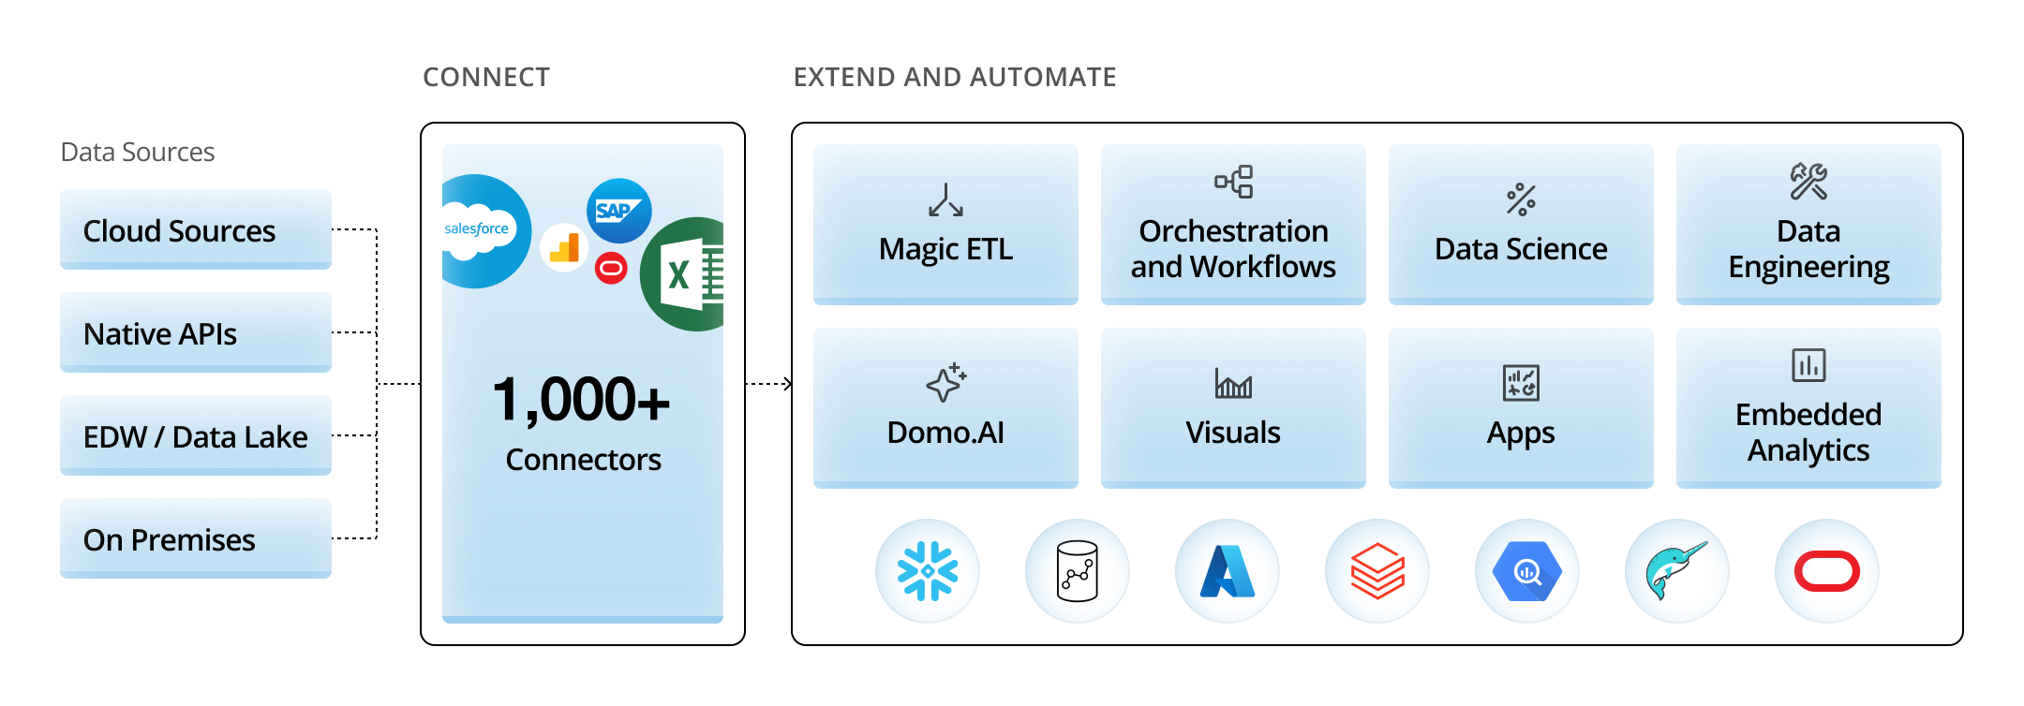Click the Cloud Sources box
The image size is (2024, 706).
click(x=195, y=230)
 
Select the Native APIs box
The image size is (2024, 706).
click(x=195, y=333)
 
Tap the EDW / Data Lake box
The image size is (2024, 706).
click(x=195, y=436)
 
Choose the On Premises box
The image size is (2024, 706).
click(x=195, y=539)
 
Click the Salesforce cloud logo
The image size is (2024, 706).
click(x=478, y=230)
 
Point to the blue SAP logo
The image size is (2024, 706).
click(x=618, y=211)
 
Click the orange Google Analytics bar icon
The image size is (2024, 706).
click(x=564, y=248)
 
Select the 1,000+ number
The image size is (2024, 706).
click(x=581, y=401)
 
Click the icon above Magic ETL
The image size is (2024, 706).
click(x=945, y=200)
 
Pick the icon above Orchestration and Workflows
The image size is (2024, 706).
click(x=1233, y=182)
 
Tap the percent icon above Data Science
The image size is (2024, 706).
click(x=1521, y=199)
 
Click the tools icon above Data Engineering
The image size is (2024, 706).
click(x=1808, y=182)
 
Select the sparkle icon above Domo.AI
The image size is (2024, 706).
click(x=945, y=383)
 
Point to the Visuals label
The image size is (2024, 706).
click(x=1233, y=433)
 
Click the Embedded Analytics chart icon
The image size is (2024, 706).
click(x=1808, y=365)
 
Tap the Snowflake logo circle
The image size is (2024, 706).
click(x=928, y=571)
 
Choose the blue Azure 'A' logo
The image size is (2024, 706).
click(x=1228, y=571)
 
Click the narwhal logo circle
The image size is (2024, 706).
click(x=1676, y=571)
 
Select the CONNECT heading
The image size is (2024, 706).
click(x=486, y=77)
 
